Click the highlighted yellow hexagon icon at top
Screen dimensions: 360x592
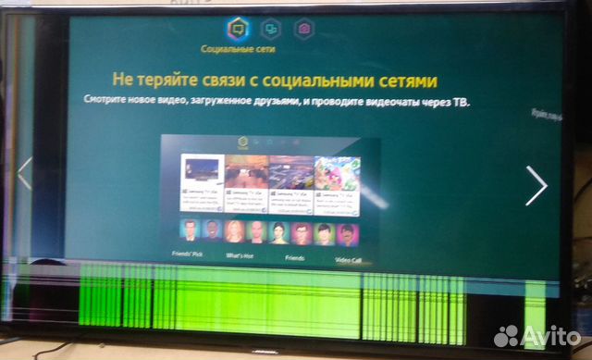tap(236, 30)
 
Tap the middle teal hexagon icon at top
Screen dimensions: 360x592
tap(270, 30)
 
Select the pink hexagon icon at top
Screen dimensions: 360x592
tap(304, 30)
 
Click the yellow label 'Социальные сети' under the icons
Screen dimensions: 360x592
tap(237, 49)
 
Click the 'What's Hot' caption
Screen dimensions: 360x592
tap(240, 254)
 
